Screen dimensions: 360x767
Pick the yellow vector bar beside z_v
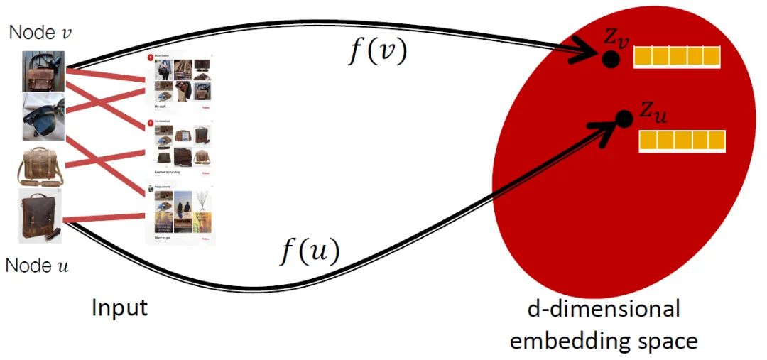[x=677, y=57]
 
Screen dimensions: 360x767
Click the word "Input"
[x=119, y=308]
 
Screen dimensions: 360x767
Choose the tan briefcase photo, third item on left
[x=41, y=165]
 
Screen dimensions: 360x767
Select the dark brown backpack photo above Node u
[x=40, y=215]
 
